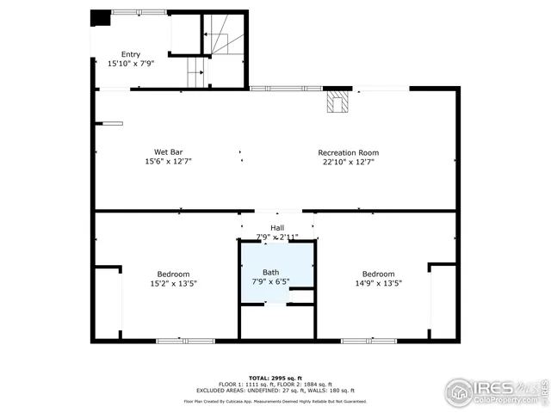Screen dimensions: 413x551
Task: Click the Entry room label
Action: point(130,54)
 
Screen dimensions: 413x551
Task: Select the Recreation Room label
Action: point(348,152)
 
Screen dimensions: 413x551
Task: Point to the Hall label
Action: point(276,227)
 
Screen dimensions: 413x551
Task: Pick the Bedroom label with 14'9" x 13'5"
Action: point(378,274)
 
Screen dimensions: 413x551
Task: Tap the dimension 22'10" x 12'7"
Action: point(348,162)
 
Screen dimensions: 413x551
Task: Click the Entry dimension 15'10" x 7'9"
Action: point(130,64)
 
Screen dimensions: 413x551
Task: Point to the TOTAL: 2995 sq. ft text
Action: point(275,378)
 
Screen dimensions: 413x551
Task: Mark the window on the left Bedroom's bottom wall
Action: point(185,342)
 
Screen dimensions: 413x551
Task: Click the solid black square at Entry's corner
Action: point(100,18)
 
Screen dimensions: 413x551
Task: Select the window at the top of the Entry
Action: point(139,11)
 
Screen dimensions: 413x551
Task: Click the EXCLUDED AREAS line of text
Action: point(275,390)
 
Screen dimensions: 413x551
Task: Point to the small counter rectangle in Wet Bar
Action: point(113,123)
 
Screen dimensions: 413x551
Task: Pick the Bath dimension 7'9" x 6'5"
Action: point(270,281)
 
